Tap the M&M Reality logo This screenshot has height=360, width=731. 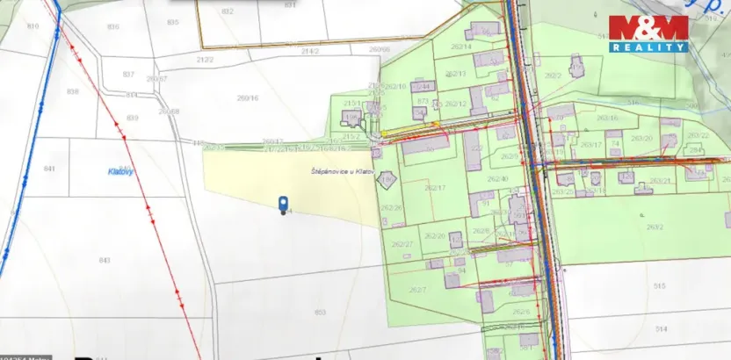[x=648, y=32]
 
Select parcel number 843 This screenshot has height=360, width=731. [x=105, y=261]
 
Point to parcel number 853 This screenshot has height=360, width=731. [x=320, y=312]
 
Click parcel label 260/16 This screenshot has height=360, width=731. [x=248, y=98]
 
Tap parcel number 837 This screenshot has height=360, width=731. [x=128, y=74]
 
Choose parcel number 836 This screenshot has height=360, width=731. [x=112, y=26]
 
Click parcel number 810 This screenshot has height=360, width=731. [x=34, y=27]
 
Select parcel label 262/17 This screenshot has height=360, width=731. [x=435, y=188]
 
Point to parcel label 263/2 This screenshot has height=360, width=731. [x=654, y=227]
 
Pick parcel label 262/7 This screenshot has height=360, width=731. [x=418, y=289]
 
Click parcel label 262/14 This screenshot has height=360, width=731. [x=461, y=46]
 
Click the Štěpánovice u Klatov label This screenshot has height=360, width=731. [x=344, y=171]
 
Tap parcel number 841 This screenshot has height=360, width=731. [x=49, y=168]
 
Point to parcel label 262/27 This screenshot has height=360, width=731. [x=402, y=244]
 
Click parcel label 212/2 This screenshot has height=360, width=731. [x=205, y=59]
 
